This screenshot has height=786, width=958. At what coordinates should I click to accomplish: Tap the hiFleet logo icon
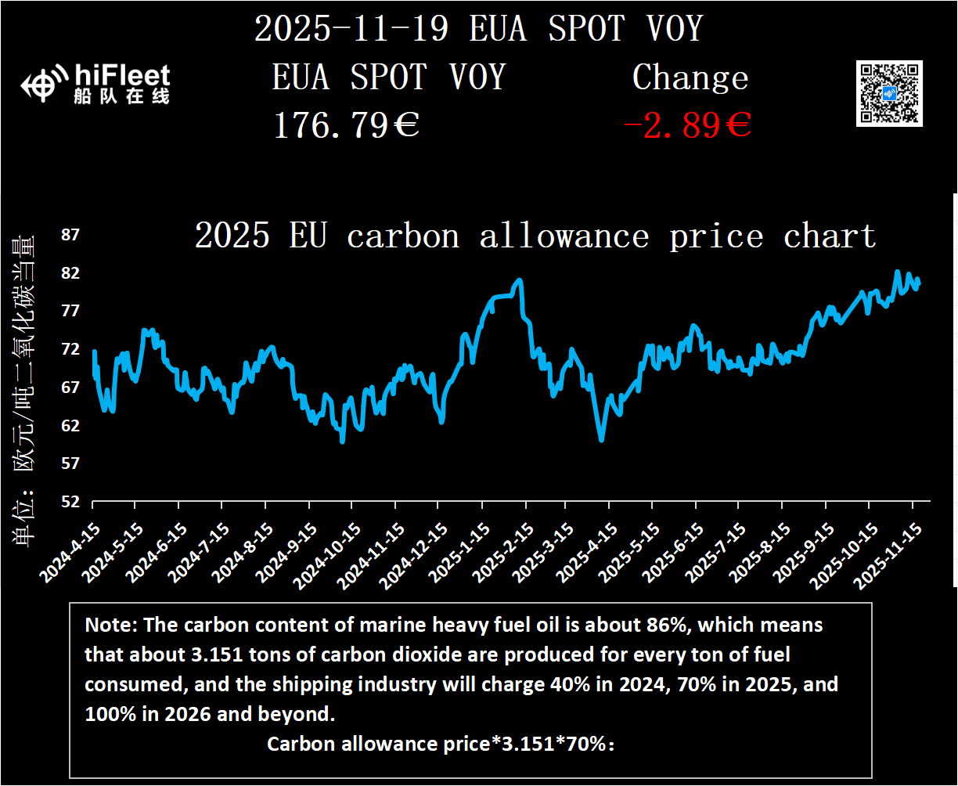click(x=40, y=85)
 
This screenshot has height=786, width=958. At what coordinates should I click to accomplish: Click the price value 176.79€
click(x=346, y=125)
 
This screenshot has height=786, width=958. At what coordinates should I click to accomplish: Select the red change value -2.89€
click(x=687, y=125)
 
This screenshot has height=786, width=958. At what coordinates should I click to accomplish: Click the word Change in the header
click(x=690, y=78)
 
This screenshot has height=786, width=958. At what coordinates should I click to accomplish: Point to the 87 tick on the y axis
click(x=70, y=235)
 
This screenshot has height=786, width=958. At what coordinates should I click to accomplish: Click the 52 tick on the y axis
click(x=70, y=502)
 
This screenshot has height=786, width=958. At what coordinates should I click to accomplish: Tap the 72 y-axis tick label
click(x=70, y=349)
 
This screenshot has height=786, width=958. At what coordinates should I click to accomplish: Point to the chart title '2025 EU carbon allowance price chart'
click(x=535, y=236)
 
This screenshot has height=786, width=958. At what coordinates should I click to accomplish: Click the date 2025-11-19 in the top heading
click(x=351, y=29)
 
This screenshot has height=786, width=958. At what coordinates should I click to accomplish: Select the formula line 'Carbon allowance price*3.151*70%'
click(x=441, y=744)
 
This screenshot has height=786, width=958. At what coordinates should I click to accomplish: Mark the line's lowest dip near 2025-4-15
click(x=601, y=440)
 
